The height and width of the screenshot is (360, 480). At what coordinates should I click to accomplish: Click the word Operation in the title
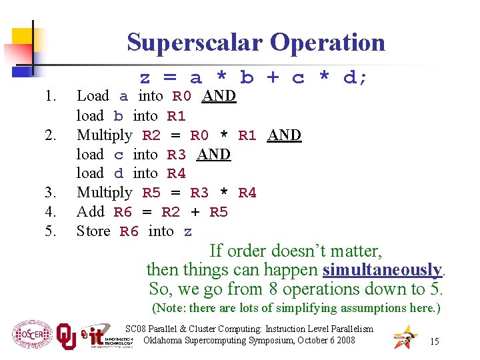pos(328,42)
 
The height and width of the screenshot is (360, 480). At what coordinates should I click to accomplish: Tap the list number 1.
pos(49,96)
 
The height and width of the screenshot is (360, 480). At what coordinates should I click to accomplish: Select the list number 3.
pos(49,193)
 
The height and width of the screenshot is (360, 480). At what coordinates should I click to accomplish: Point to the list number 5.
pos(49,231)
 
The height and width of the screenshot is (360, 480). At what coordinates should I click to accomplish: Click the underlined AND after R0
pos(219,96)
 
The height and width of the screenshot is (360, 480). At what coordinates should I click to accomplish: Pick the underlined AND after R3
pos(213,154)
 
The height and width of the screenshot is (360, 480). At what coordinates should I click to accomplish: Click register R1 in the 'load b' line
pos(176,116)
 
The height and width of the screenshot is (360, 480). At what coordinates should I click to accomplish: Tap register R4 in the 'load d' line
pos(176,173)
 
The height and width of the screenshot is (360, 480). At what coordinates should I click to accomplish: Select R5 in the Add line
pos(219,212)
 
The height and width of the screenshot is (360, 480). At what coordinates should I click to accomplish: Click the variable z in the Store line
pos(188,231)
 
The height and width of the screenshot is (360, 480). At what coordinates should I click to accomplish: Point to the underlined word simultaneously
pos(382,270)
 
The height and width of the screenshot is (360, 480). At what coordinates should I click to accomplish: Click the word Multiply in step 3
pos(105,193)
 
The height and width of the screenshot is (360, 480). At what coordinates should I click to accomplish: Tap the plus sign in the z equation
pos(273,77)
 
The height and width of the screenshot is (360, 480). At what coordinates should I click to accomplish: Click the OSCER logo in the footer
pos(31,333)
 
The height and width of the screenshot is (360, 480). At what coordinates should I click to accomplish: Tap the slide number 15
pos(434,341)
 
